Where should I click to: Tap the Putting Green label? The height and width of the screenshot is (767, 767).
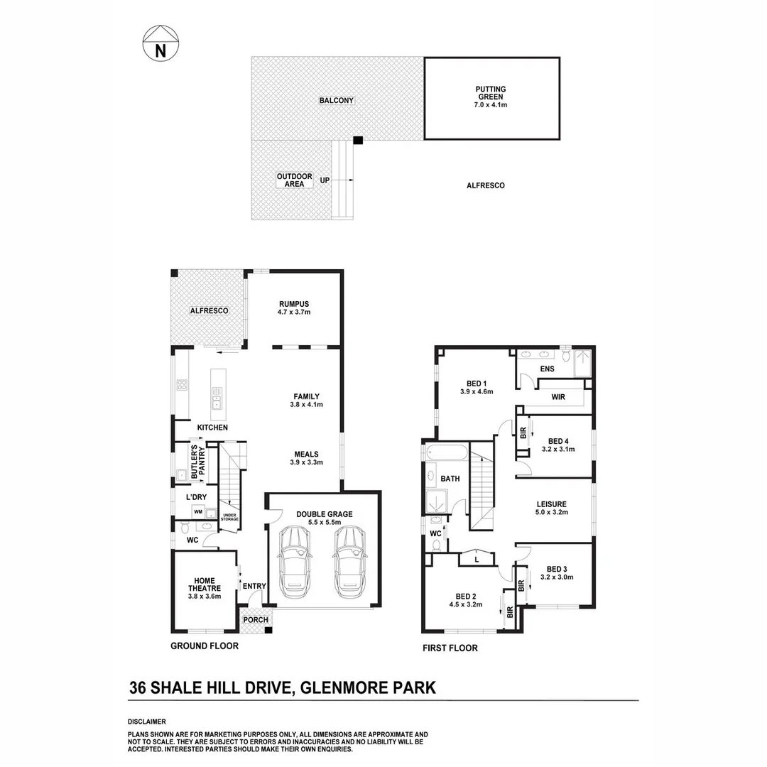point(491,97)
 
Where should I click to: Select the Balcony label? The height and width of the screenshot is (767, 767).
point(336,101)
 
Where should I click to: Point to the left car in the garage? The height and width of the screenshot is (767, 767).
point(295,562)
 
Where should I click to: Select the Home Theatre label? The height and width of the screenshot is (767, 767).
point(205,588)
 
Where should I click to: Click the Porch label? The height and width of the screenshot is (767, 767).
point(256,619)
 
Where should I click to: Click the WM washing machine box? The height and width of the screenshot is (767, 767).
point(198,511)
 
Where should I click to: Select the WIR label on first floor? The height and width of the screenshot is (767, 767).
point(558,397)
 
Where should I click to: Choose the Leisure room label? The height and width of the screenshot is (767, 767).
point(551,508)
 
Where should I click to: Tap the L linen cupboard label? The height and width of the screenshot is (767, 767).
point(477,560)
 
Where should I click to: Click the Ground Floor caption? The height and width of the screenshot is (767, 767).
point(205,646)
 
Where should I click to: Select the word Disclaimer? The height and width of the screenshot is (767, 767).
point(147,721)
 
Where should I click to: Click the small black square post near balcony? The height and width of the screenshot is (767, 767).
point(358,140)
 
